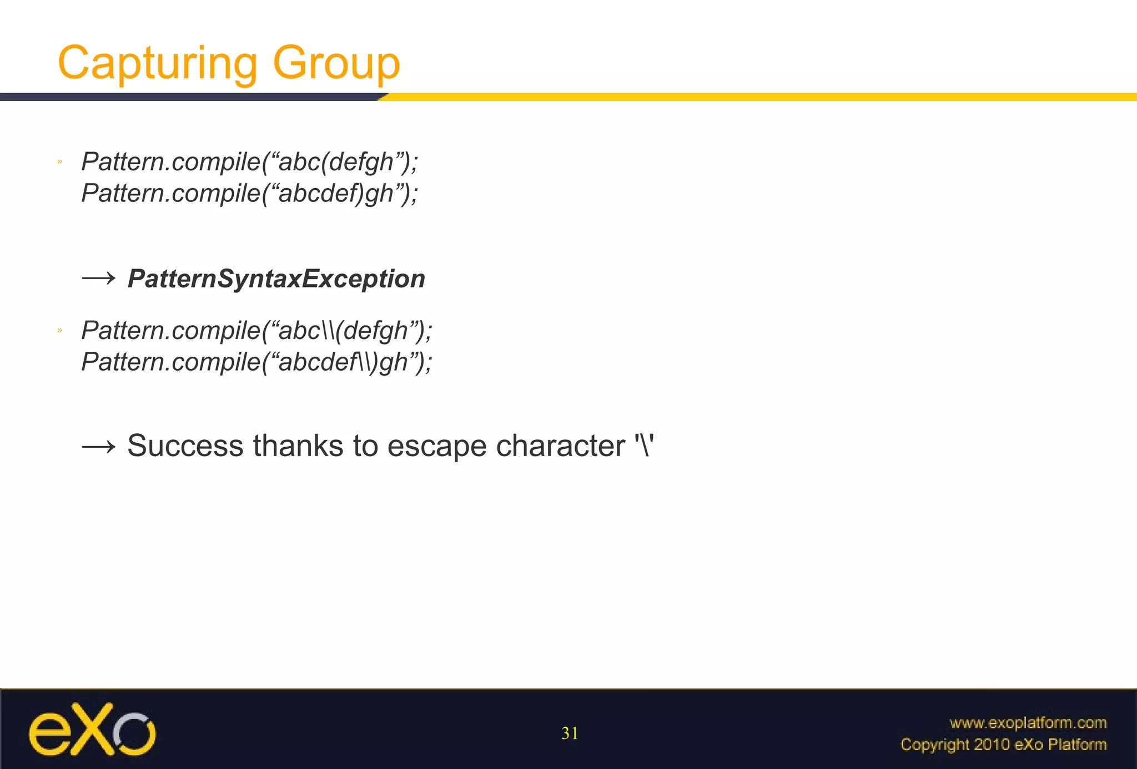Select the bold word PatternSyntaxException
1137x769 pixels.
[x=276, y=279]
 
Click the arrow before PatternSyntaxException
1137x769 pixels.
[x=98, y=278]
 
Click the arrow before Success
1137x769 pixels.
[x=98, y=447]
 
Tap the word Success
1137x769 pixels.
[x=185, y=446]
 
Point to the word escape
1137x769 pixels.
[x=436, y=447]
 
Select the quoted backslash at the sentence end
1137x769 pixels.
[x=644, y=446]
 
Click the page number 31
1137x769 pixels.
[x=570, y=733]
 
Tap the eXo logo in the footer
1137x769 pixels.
[x=92, y=729]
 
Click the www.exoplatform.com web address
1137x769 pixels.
[x=1028, y=722]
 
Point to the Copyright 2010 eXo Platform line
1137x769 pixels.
[x=1003, y=744]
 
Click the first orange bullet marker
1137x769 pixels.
[x=59, y=162]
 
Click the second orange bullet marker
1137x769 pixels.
[x=59, y=331]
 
